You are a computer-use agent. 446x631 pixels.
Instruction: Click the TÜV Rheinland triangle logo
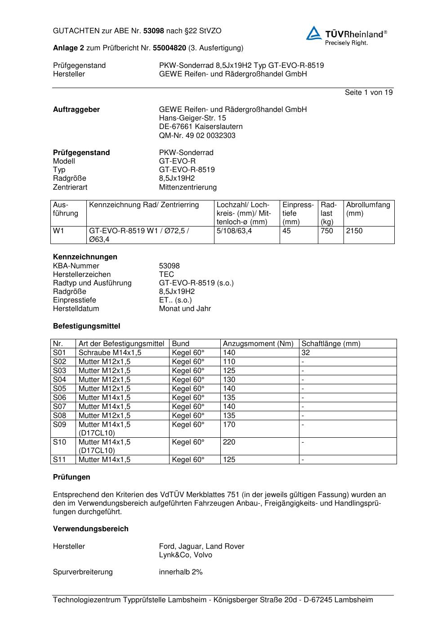tap(314, 33)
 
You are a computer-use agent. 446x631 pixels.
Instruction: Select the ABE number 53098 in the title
tap(154, 31)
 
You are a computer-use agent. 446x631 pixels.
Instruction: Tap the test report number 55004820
tap(169, 48)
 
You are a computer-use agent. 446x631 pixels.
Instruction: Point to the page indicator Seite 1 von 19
tap(369, 92)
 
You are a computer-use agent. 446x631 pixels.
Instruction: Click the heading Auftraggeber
tap(76, 109)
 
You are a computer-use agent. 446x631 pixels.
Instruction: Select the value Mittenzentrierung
tap(187, 187)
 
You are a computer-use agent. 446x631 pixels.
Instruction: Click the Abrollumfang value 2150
tap(354, 231)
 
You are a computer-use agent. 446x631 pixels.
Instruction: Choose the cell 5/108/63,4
tap(234, 231)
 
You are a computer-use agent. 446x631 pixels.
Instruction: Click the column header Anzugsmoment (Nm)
tap(258, 343)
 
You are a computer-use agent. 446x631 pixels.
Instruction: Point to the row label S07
tap(59, 406)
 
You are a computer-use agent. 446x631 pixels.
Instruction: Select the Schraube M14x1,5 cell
tap(110, 352)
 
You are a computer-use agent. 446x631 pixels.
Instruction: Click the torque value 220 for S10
tap(229, 442)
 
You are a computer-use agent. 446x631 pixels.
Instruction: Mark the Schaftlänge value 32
tap(306, 352)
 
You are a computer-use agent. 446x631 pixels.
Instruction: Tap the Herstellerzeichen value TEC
tap(166, 274)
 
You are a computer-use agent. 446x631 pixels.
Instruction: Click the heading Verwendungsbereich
tap(91, 529)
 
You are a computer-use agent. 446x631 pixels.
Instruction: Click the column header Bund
tap(181, 343)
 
